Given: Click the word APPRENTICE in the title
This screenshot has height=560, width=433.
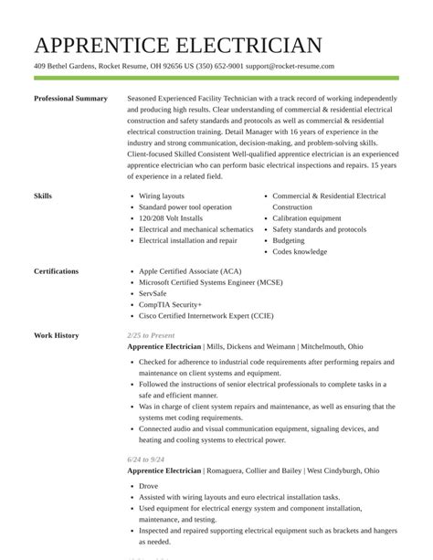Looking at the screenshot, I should (x=99, y=45).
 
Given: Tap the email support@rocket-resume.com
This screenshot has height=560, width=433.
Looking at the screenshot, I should (x=290, y=67).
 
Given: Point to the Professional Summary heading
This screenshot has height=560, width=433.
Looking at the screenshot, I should (x=70, y=99).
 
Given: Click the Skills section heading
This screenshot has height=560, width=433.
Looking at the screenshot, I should (x=43, y=196).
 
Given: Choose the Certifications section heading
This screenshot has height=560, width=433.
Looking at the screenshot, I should (x=56, y=271).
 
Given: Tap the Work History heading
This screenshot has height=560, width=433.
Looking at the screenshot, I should (x=56, y=335).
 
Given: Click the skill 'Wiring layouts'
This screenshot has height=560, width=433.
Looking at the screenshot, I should (x=162, y=196).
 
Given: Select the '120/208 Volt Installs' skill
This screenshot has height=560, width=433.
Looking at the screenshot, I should (x=171, y=218).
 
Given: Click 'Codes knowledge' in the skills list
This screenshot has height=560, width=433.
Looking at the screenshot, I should (x=300, y=252).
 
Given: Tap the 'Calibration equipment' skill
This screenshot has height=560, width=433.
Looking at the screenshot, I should (x=307, y=218).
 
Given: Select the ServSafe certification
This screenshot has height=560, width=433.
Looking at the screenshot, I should (x=153, y=293).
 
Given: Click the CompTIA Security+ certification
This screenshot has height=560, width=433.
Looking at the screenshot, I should (x=171, y=304).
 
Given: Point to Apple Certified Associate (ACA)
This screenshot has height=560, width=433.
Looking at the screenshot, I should (x=190, y=271).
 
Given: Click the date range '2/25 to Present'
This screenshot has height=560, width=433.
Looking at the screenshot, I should (x=151, y=335).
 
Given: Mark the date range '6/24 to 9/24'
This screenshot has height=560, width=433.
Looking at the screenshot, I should (x=145, y=460).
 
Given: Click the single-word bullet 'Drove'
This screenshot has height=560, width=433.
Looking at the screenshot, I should (x=148, y=486).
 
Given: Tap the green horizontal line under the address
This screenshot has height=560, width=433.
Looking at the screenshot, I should (x=216, y=79).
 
